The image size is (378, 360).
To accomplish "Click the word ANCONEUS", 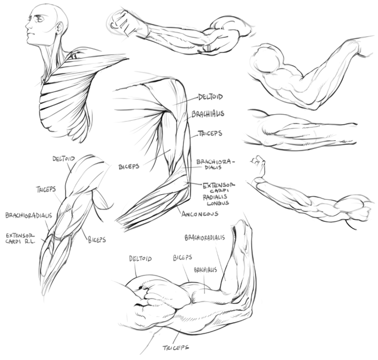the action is [200, 214].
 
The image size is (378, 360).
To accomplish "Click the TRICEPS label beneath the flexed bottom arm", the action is [176, 347].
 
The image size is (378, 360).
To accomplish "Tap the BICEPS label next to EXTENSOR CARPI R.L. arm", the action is [97, 240].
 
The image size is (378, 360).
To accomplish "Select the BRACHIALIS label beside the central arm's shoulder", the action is [208, 114].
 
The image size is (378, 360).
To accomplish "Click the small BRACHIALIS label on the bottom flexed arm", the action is [205, 270].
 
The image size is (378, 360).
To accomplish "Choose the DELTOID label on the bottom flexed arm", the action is [141, 259].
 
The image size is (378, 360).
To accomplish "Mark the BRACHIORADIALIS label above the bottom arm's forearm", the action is [205, 238].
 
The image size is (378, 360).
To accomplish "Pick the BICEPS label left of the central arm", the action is [128, 166].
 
